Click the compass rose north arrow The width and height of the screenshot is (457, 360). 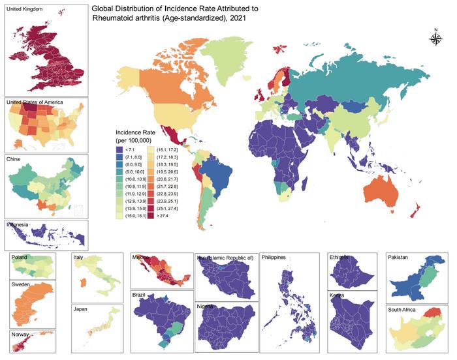point(435,38)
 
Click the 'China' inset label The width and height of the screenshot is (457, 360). point(13,158)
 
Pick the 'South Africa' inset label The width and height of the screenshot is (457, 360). point(406,310)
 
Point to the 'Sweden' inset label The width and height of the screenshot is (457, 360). point(22,285)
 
